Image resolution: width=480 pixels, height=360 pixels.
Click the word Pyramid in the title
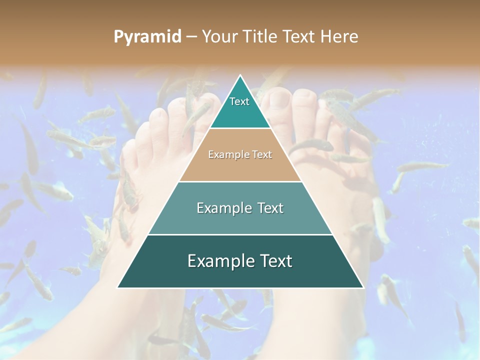(x=147, y=37)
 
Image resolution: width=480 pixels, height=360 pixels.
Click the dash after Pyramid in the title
(x=191, y=37)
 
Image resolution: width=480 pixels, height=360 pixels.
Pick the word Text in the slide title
(x=300, y=37)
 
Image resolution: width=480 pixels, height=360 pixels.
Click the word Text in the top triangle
(x=239, y=101)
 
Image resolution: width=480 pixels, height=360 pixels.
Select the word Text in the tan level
(x=261, y=154)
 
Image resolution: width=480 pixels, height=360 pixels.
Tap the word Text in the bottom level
(x=275, y=261)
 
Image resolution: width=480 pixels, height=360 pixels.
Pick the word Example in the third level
(x=222, y=208)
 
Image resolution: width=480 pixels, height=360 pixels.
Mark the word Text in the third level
(x=270, y=208)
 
